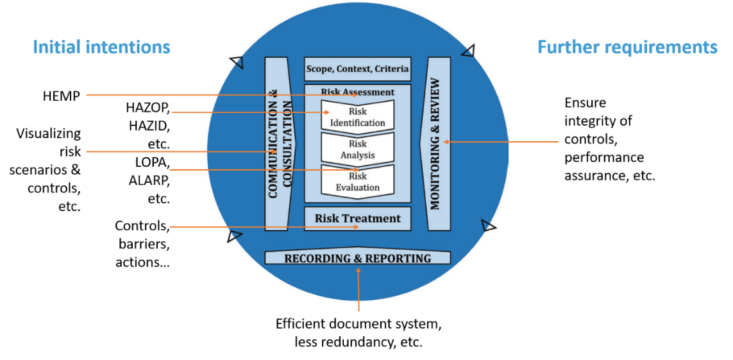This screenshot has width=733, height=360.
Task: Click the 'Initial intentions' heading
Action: pyautogui.click(x=101, y=47)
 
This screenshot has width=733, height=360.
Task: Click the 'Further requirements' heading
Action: pyautogui.click(x=627, y=47)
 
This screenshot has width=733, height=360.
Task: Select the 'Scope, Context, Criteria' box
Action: pyautogui.click(x=357, y=69)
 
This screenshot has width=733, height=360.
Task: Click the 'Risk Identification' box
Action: pyautogui.click(x=358, y=117)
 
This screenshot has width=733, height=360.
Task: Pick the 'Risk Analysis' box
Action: pyautogui.click(x=358, y=150)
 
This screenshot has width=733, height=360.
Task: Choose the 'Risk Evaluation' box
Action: pyautogui.click(x=358, y=182)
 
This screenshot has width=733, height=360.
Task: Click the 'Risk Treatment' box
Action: pyautogui.click(x=357, y=218)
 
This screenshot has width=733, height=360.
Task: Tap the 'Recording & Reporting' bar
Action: pyautogui.click(x=358, y=258)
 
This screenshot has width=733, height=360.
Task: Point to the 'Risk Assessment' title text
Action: pyautogui.click(x=357, y=92)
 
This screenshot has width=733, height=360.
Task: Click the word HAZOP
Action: pyautogui.click(x=148, y=107)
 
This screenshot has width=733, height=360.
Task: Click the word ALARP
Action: pyautogui.click(x=149, y=180)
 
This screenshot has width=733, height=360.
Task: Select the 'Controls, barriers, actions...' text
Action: pyautogui.click(x=142, y=244)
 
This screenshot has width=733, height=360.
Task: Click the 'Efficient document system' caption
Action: pyautogui.click(x=358, y=323)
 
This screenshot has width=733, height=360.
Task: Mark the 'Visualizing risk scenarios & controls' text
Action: pyautogui.click(x=49, y=170)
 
